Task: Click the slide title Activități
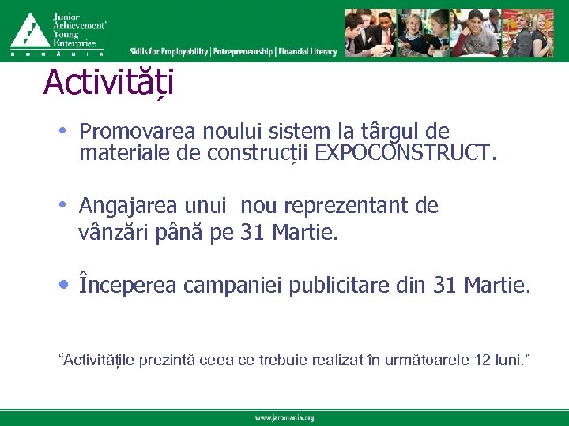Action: click(x=109, y=82)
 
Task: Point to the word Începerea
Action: click(x=128, y=285)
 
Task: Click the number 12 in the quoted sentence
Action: click(x=481, y=361)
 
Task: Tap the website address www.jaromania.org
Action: click(x=284, y=417)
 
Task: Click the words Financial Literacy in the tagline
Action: click(x=308, y=52)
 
